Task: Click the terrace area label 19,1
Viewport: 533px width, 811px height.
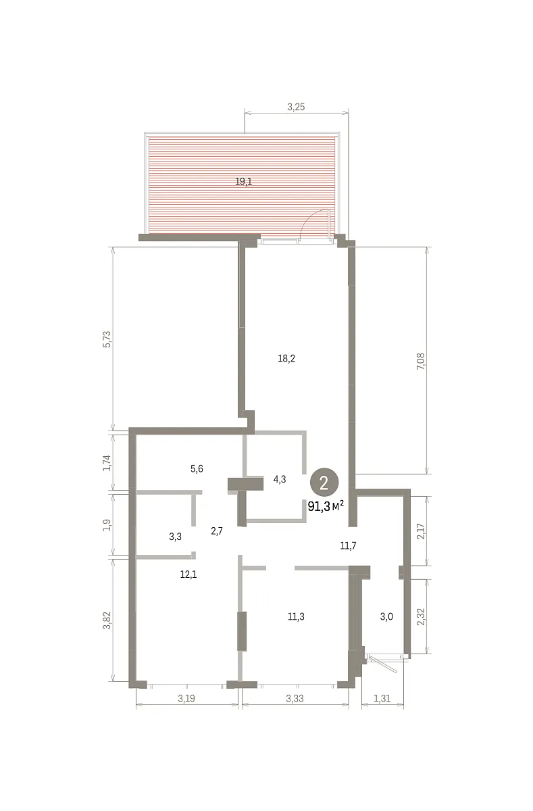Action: [243, 181]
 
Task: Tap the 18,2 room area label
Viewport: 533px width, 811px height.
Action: [286, 358]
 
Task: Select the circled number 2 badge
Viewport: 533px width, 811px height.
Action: [324, 483]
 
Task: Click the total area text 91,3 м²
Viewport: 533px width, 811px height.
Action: [326, 506]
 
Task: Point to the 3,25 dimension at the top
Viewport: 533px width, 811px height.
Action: [296, 107]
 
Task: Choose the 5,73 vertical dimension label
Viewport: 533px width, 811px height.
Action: [107, 339]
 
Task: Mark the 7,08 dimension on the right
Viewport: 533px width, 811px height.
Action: [422, 361]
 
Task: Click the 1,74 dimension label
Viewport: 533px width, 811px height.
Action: [107, 463]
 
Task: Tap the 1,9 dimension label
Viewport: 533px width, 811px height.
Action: [107, 524]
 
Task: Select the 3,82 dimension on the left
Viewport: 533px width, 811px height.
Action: [107, 620]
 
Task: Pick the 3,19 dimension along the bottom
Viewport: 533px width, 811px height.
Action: [186, 698]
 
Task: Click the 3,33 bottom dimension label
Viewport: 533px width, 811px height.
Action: [295, 698]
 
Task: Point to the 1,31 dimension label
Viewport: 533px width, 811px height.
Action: [382, 698]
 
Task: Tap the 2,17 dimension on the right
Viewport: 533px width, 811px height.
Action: [421, 531]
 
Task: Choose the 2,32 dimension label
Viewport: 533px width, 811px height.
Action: [421, 616]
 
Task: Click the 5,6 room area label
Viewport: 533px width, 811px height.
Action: [197, 469]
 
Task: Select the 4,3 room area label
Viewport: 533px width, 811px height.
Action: [280, 479]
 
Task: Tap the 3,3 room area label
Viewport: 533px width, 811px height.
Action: [176, 537]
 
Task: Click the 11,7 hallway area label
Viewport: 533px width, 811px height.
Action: [348, 545]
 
